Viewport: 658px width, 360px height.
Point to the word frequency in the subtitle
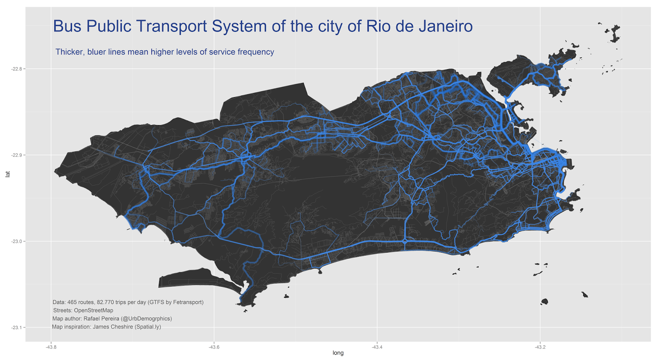coord(256,52)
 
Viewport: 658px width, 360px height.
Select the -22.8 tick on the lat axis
coord(16,69)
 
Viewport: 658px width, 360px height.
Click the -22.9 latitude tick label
coord(16,155)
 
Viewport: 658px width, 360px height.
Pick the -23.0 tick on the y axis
coord(16,242)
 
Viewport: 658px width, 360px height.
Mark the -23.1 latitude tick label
coord(16,327)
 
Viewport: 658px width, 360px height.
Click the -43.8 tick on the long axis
coord(51,347)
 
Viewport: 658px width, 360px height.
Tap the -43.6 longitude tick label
coord(214,347)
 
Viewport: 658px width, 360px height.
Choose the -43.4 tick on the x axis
coord(377,347)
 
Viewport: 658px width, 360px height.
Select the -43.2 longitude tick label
coord(540,347)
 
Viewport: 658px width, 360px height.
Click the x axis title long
coord(338,353)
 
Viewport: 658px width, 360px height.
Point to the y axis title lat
coord(7,174)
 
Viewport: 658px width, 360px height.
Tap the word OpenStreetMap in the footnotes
coord(93,311)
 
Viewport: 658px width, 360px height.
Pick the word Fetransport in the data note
coord(188,302)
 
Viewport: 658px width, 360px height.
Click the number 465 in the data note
coord(72,302)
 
